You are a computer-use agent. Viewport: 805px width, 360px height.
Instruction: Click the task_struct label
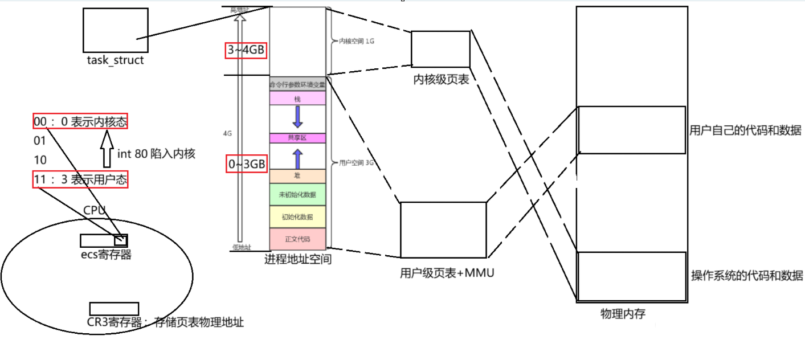pos(115,60)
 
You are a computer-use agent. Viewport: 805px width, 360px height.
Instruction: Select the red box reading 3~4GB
pos(246,50)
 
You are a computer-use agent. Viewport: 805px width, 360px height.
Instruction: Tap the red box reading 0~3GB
pos(246,164)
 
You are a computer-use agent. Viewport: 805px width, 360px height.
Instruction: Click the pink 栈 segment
pos(297,99)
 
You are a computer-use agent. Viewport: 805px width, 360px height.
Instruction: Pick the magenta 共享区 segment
pos(297,138)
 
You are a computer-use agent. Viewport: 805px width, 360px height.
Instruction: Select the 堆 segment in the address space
pos(297,176)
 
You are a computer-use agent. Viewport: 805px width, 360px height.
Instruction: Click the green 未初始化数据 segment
pos(297,194)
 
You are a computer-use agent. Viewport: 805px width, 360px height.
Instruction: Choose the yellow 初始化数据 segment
pos(297,217)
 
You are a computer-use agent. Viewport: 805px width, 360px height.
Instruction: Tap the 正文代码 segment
pos(297,238)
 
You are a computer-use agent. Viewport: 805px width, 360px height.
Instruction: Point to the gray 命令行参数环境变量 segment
pos(297,84)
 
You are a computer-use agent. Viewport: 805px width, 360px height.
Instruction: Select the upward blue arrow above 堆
pos(297,158)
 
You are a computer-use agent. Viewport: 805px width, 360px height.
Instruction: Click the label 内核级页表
pos(441,80)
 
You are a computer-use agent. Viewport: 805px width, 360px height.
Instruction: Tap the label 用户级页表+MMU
pos(447,273)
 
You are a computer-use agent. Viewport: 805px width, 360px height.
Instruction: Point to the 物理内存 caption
pos(623,314)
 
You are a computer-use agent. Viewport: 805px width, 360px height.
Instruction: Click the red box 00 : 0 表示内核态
pos(80,121)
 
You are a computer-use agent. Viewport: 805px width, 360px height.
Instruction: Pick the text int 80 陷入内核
pos(156,153)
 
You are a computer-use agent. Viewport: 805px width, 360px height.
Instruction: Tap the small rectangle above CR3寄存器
pos(114,309)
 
